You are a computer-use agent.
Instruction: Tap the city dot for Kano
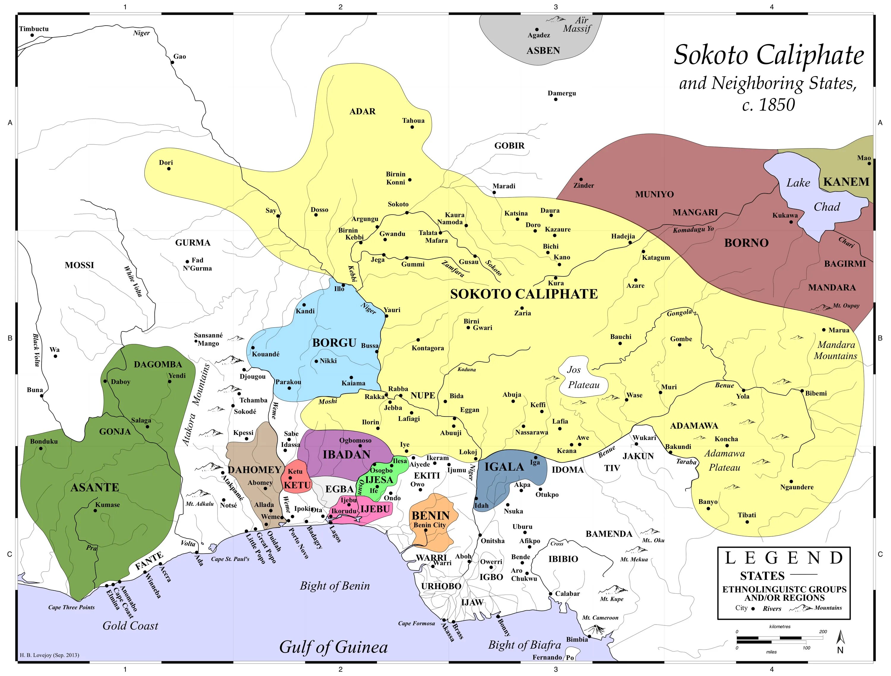559,265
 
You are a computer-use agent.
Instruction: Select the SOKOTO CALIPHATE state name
524,294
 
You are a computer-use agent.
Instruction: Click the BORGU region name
334,343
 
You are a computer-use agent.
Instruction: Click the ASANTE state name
95,487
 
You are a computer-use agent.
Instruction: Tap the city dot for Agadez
537,29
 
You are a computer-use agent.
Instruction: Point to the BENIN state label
430,515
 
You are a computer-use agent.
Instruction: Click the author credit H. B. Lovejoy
49,655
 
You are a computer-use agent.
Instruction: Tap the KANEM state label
846,182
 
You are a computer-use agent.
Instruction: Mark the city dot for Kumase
95,511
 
